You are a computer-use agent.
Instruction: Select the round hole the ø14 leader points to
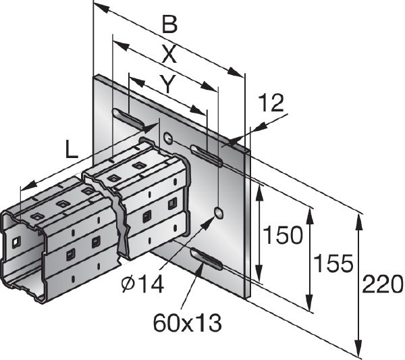219,213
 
